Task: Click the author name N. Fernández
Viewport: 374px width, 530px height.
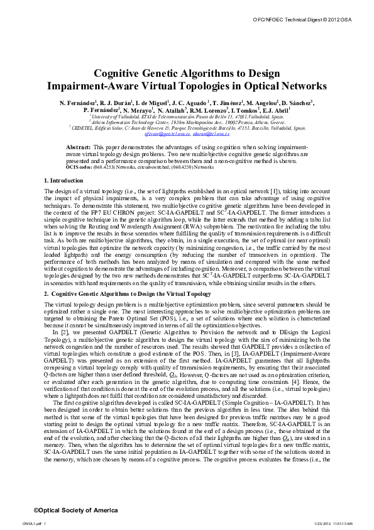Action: tap(75, 102)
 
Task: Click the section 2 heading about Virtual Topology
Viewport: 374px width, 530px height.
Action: tap(111, 293)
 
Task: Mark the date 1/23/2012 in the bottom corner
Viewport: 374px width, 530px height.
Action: tap(319, 523)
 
